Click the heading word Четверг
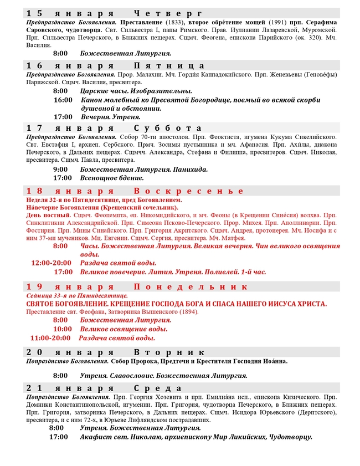(x=168, y=13)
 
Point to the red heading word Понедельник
(x=191, y=286)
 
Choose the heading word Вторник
(x=169, y=352)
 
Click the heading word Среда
(x=157, y=387)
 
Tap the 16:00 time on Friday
(x=63, y=100)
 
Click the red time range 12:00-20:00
(x=52, y=263)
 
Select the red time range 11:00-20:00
(x=50, y=337)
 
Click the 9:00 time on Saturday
(x=61, y=170)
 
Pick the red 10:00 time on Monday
(x=63, y=329)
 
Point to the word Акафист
(x=97, y=437)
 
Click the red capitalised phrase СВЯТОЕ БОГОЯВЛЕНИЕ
(x=70, y=304)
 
